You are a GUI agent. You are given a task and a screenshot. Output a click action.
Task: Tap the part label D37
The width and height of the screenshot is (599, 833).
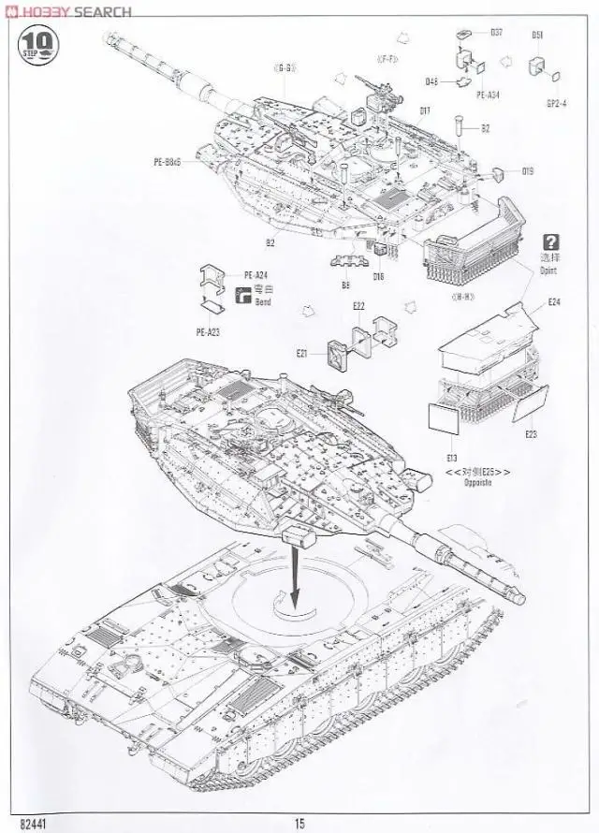click(496, 33)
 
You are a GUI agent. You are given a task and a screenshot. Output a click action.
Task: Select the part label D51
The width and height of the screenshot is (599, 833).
click(538, 36)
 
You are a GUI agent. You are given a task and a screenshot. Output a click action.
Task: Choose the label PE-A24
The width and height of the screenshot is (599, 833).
click(256, 275)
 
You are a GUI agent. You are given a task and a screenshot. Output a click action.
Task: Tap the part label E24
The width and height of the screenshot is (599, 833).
click(555, 302)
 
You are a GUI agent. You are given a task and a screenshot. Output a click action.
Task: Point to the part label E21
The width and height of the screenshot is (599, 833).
click(302, 353)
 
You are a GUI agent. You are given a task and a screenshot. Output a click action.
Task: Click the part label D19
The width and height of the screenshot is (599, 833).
click(528, 170)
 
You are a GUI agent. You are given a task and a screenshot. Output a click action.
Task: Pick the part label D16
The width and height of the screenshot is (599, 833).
click(378, 277)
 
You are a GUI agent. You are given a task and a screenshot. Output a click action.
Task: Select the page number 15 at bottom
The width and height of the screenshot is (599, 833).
click(299, 823)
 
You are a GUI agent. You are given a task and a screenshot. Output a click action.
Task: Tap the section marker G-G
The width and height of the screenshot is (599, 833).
click(285, 68)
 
